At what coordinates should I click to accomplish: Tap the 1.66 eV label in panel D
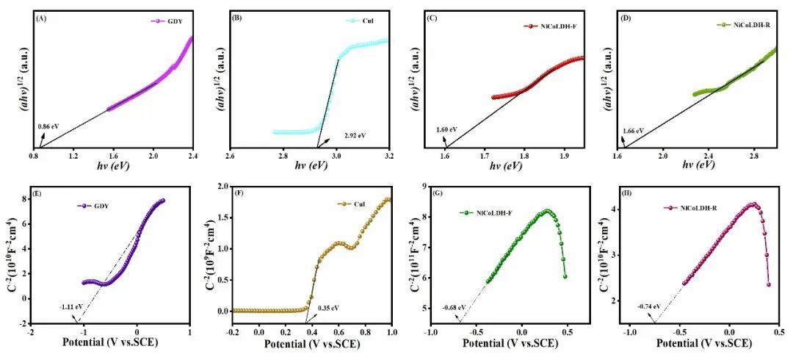[x=634, y=131]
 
